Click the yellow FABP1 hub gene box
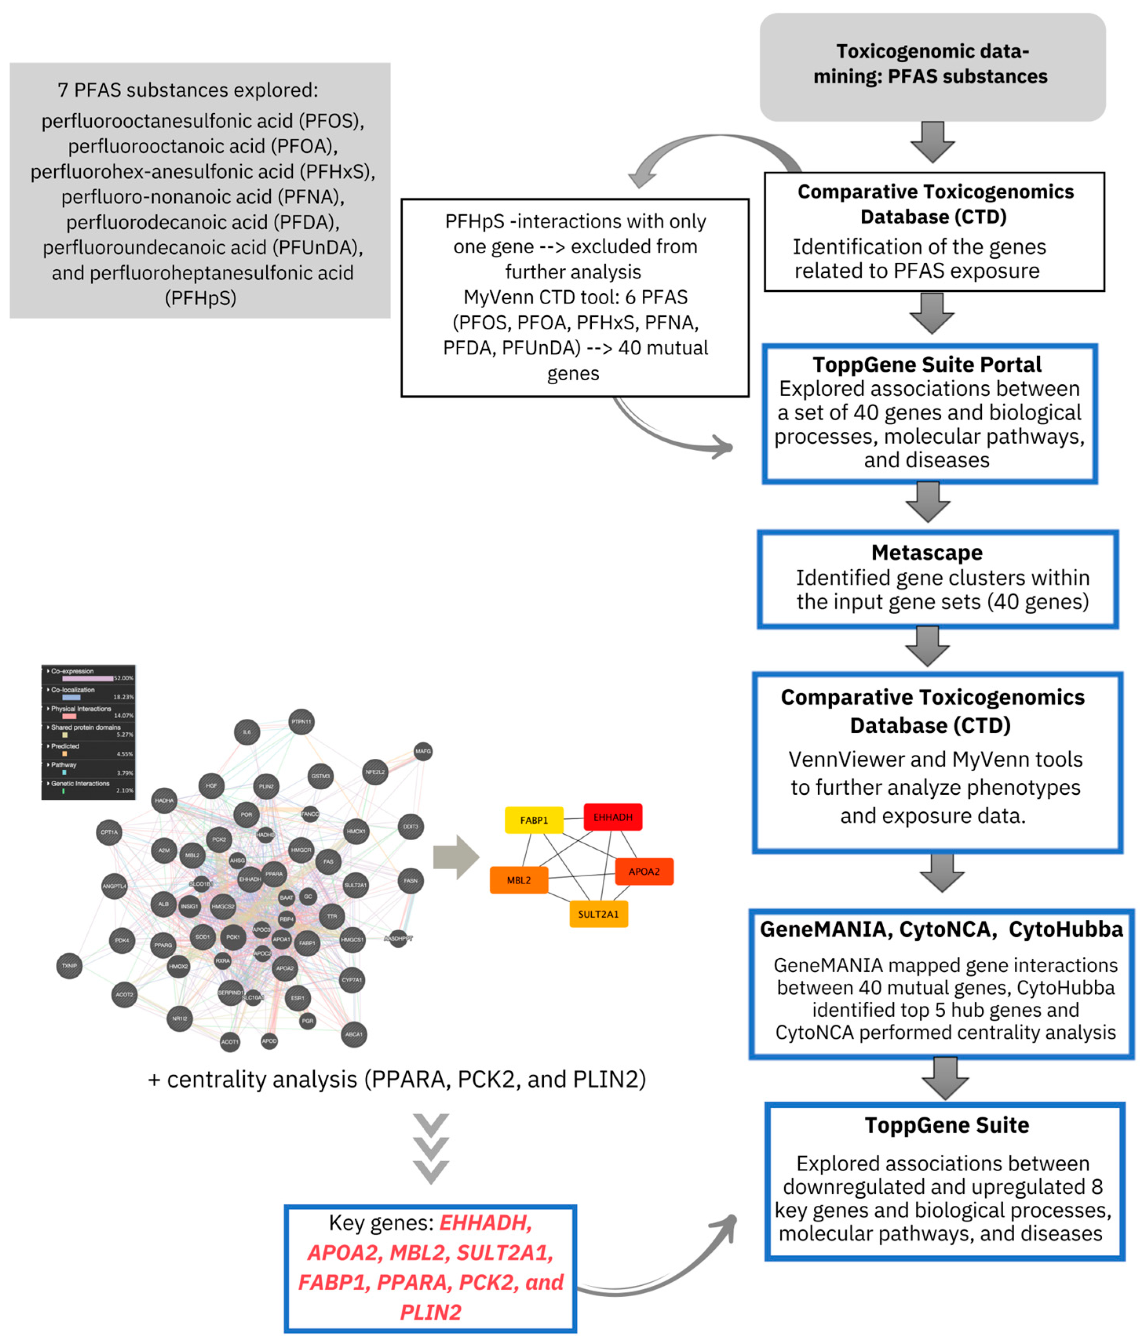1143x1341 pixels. point(534,820)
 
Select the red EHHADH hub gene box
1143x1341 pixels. point(612,817)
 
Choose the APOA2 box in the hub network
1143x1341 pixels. point(644,871)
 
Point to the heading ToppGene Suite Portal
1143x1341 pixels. point(927,364)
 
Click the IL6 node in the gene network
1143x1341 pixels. point(247,732)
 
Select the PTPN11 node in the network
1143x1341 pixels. point(301,721)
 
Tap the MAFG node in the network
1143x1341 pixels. point(423,751)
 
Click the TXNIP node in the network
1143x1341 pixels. point(69,966)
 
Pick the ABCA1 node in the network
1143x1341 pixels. point(354,1034)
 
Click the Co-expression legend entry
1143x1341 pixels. point(73,671)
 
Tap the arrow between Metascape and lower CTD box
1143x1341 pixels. point(927,646)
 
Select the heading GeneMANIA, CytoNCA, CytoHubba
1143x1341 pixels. point(941,929)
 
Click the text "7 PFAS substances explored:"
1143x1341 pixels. point(188,90)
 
